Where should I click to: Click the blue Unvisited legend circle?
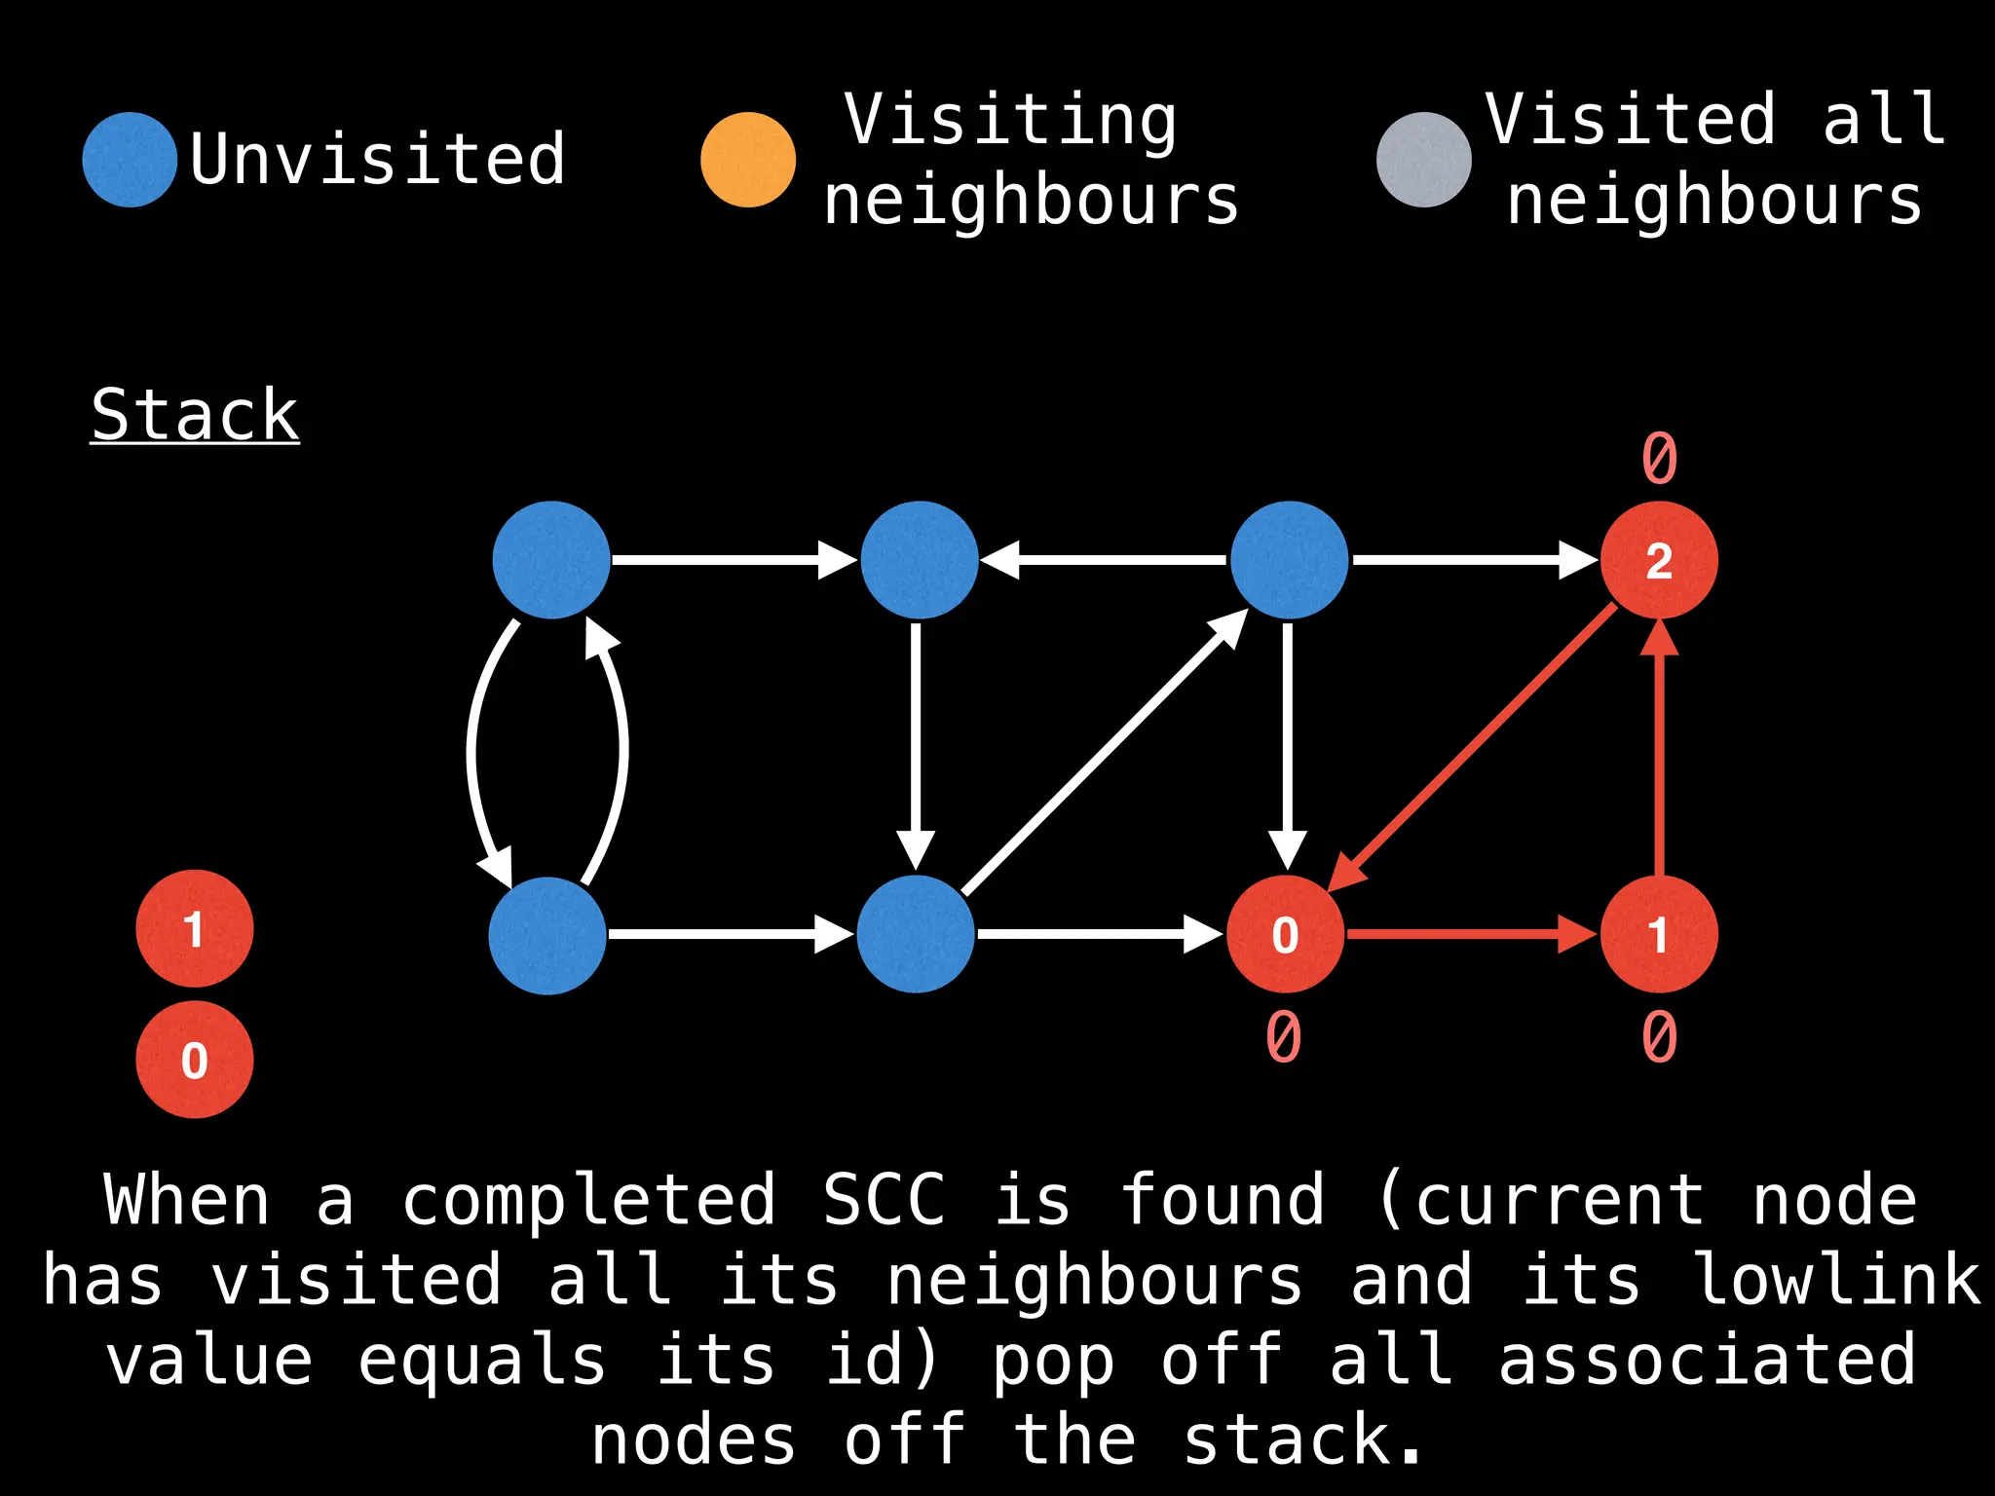click(130, 160)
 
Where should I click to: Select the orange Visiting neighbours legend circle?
click(748, 160)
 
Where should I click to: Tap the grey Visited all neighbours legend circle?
click(1423, 160)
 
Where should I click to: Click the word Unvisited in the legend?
click(378, 159)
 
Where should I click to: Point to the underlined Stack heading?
click(195, 416)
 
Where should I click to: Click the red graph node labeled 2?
click(1659, 560)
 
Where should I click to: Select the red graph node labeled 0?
click(1285, 935)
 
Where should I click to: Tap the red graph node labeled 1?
click(1659, 935)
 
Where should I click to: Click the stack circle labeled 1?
click(195, 928)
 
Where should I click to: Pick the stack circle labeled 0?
click(195, 1060)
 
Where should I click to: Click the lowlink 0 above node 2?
click(1660, 458)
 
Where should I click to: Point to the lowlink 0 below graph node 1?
click(1660, 1036)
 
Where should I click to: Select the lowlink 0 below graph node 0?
click(1284, 1036)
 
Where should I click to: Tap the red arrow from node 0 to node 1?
click(1471, 935)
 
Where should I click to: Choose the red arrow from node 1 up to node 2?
click(1659, 750)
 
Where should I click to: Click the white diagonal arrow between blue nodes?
click(1106, 752)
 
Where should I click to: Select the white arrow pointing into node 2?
click(1471, 560)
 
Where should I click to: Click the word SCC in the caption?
click(884, 1200)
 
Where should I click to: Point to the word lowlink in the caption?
click(1837, 1280)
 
